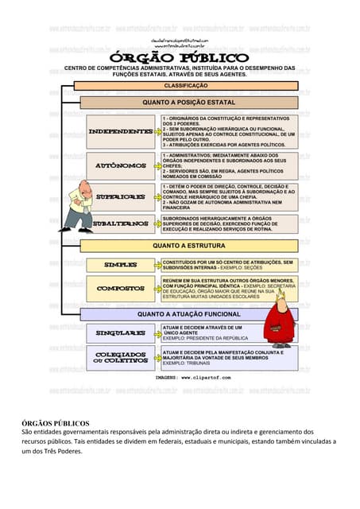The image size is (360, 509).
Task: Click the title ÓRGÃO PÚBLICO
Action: (180, 58)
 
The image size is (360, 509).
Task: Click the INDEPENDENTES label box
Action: (120, 130)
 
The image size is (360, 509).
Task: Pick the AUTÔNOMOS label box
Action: (120, 165)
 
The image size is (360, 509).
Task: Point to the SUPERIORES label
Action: (120, 196)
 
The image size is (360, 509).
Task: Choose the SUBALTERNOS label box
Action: (120, 223)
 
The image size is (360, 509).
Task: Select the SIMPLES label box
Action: (120, 265)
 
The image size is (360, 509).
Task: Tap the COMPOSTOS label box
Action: (120, 288)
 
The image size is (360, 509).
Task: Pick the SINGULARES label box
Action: (120, 332)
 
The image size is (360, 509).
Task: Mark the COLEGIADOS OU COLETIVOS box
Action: (120, 357)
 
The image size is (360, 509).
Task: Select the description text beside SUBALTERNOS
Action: (229, 223)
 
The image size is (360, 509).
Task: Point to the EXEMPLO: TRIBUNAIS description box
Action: (229, 357)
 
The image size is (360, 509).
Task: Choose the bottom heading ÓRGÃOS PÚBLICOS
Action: (55, 422)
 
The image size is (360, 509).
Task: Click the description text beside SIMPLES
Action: (229, 265)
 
